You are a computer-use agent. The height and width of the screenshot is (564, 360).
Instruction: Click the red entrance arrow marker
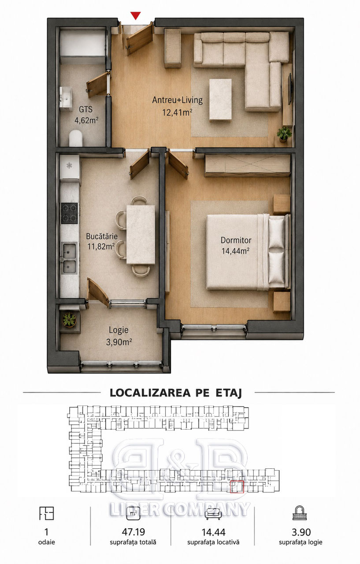click(136, 15)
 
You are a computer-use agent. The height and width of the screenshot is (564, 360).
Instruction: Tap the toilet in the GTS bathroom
click(75, 138)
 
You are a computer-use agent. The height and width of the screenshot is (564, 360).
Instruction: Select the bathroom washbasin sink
click(66, 98)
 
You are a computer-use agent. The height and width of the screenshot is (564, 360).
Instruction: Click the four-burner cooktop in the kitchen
click(69, 213)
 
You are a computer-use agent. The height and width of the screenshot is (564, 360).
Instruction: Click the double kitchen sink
click(69, 258)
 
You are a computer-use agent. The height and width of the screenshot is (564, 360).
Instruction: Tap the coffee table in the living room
click(220, 100)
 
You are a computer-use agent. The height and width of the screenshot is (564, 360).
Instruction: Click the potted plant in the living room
click(284, 134)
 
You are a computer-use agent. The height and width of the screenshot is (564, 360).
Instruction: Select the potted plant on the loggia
click(69, 319)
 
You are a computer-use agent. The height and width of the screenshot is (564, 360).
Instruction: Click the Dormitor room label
click(236, 240)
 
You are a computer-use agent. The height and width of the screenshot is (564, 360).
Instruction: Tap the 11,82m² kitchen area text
click(101, 246)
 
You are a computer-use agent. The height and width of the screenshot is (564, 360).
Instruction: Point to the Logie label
click(119, 330)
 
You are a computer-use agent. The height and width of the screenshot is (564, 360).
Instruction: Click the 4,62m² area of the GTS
click(86, 120)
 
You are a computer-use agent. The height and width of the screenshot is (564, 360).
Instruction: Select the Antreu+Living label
click(177, 100)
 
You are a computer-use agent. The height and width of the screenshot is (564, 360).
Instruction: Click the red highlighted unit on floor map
click(237, 486)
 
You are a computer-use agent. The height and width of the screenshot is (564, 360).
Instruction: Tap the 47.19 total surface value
click(133, 532)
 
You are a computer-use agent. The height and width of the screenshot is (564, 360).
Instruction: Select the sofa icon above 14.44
click(213, 513)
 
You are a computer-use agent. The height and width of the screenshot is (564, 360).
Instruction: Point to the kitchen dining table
click(141, 235)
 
